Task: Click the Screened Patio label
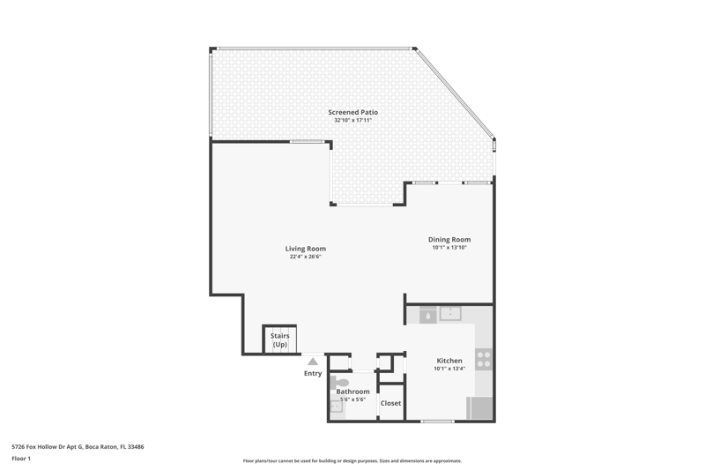[x=353, y=113]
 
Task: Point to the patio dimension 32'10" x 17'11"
[x=353, y=121]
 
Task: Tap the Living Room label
[x=306, y=249]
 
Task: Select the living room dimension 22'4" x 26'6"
[x=306, y=257]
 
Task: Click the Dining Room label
[x=449, y=240]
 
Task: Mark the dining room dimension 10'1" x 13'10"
[x=449, y=248]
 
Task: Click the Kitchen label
[x=449, y=361]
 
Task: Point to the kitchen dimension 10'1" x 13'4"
[x=449, y=369]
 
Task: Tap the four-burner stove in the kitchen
[x=484, y=360]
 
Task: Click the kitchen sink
[x=450, y=314]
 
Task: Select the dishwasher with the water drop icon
[x=428, y=316]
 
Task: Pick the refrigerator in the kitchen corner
[x=479, y=408]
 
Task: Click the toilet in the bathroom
[x=339, y=383]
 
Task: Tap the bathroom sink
[x=337, y=407]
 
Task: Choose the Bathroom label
[x=353, y=392]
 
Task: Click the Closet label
[x=390, y=404]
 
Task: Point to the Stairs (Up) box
[x=279, y=340]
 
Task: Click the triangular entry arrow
[x=313, y=362]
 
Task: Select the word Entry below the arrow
[x=313, y=374]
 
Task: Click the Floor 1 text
[x=21, y=459]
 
